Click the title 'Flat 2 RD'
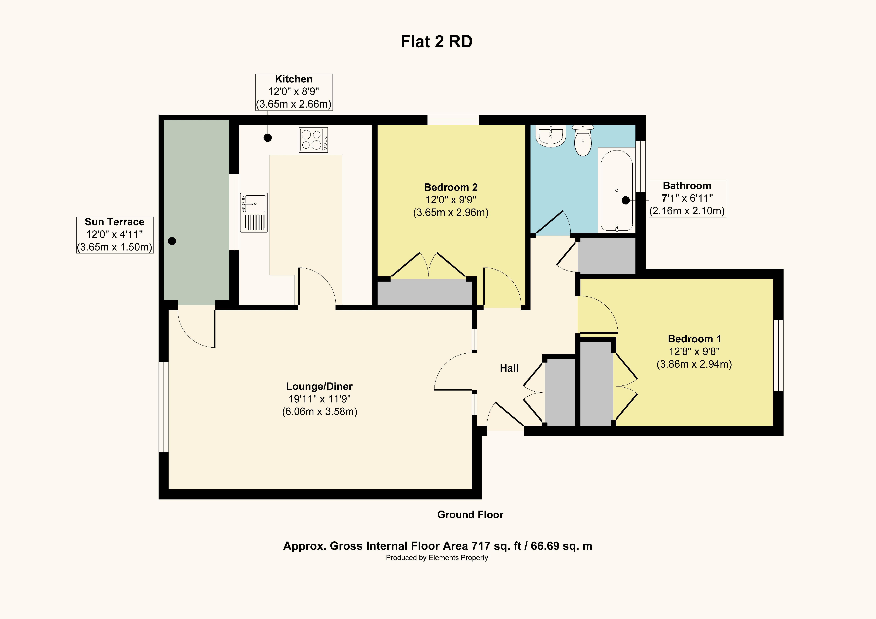coord(436,42)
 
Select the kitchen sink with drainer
coord(254,213)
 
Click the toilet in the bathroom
coord(583,141)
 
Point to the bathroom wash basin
coord(550,136)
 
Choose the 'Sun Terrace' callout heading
coord(114,222)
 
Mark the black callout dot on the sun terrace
coord(172,241)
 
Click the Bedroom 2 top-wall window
coord(453,120)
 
